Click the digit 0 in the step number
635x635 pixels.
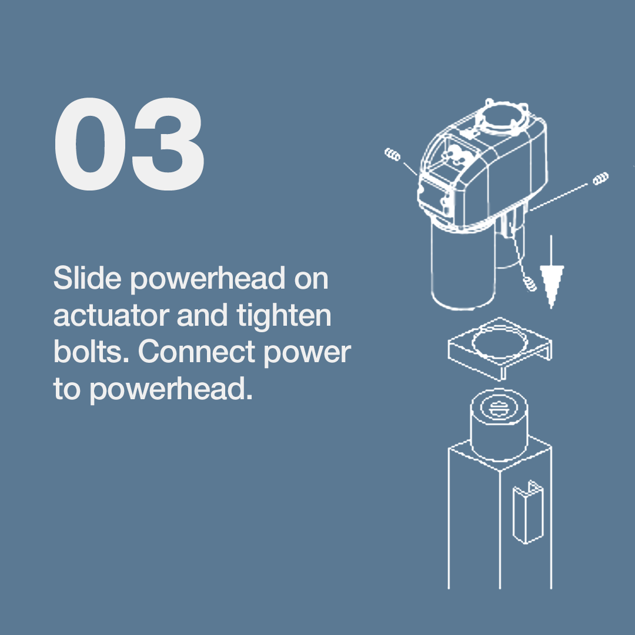click(x=90, y=144)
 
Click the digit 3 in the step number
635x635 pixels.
click(x=168, y=144)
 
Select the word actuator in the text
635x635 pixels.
click(x=111, y=316)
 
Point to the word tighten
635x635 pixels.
click(x=284, y=316)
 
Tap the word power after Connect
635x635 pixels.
click(x=308, y=355)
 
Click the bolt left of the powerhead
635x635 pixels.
click(x=392, y=154)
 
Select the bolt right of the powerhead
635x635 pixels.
click(x=600, y=178)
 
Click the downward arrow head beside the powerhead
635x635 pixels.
click(x=551, y=286)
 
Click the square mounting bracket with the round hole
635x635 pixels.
click(x=500, y=349)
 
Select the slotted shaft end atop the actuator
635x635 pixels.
click(x=498, y=408)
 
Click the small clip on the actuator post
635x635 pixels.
click(x=528, y=512)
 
